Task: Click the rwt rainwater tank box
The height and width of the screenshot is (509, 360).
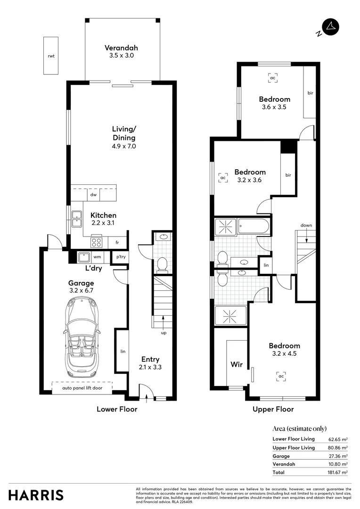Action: [51, 56]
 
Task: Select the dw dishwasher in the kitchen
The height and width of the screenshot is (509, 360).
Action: [94, 194]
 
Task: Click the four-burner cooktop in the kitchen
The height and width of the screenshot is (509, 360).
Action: [97, 242]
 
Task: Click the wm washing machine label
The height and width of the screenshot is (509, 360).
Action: [97, 257]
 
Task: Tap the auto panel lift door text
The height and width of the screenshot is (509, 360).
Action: [82, 389]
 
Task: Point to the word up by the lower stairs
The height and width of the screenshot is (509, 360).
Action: [163, 333]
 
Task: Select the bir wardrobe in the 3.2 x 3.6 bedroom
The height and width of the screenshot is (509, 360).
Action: [288, 175]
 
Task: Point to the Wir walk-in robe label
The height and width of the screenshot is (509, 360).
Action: [236, 364]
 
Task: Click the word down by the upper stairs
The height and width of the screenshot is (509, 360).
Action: [306, 225]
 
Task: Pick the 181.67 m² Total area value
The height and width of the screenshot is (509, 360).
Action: [338, 472]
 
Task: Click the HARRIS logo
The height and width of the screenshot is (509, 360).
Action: [36, 495]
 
